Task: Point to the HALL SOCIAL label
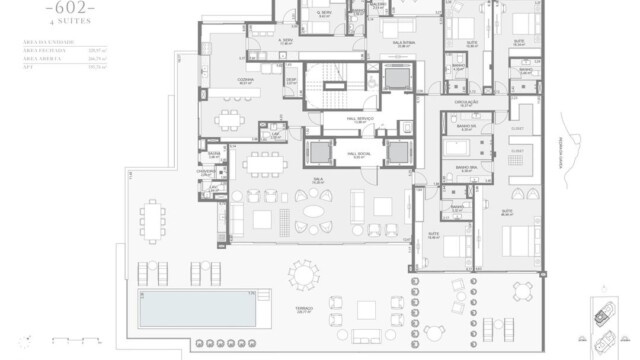coord(359,153)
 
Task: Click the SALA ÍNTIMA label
coord(405,45)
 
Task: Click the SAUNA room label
coord(214,153)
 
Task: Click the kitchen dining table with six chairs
coord(232,120)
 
